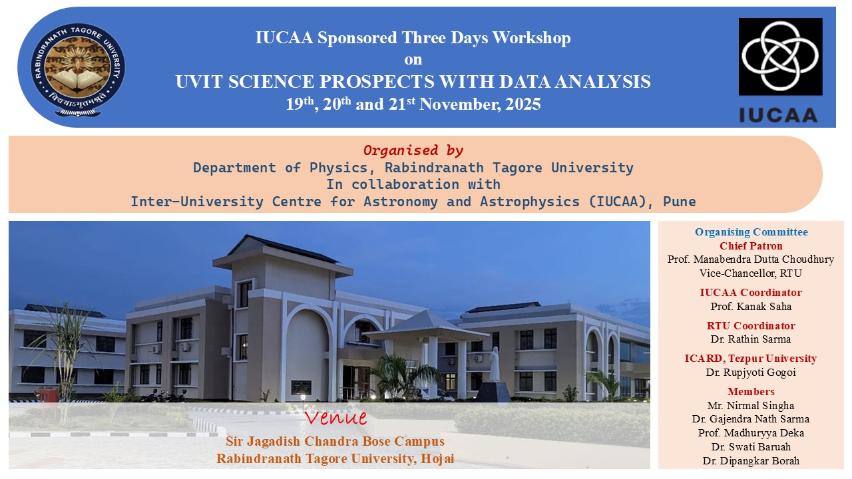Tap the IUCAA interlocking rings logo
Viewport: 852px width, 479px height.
(780, 57)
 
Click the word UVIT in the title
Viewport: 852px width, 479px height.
(198, 82)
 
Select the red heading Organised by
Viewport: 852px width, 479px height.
(413, 150)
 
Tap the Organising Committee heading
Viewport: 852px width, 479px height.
(751, 232)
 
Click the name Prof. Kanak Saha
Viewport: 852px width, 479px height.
(751, 307)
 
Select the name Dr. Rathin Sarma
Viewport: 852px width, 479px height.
(751, 339)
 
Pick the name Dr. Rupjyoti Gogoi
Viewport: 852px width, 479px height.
(751, 373)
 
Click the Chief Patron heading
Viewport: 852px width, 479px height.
(751, 246)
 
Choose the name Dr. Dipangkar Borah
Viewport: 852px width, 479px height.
(751, 461)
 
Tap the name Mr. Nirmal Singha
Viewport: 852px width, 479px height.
(751, 406)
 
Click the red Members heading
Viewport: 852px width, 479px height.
(751, 392)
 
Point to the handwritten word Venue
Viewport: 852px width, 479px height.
(335, 417)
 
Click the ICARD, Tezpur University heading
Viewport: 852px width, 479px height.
(751, 359)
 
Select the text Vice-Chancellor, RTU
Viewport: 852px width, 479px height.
(751, 273)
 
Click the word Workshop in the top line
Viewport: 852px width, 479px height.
(531, 39)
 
